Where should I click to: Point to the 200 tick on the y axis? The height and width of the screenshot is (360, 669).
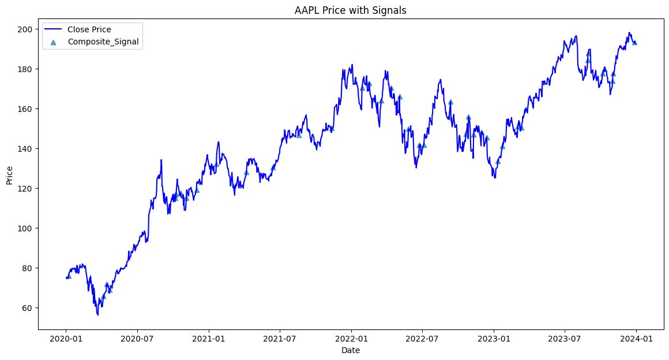pos(27,29)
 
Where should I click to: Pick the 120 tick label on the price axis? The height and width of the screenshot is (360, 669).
pos(27,189)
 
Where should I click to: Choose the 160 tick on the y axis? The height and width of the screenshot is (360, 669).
pos(27,109)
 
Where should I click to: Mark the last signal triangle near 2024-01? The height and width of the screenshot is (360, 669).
pos(635,42)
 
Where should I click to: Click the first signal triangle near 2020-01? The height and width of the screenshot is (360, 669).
pos(69,276)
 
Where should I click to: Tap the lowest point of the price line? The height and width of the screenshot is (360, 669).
pos(97,315)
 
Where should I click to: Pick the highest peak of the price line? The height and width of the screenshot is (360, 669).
pos(629,33)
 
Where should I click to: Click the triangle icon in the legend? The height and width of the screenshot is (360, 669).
pos(53,42)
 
